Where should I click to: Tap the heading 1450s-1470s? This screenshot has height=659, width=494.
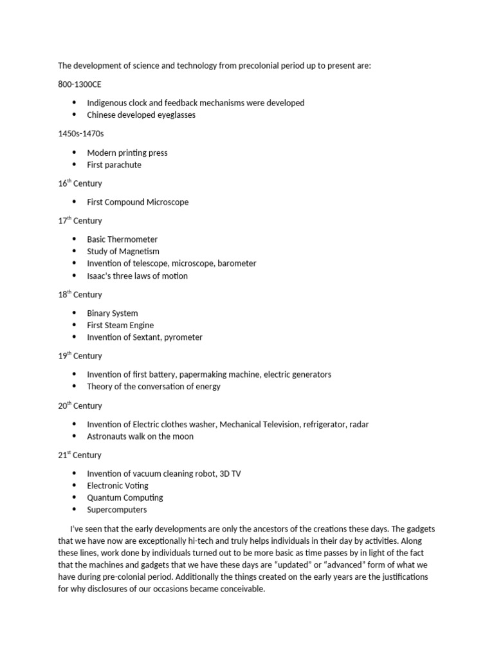(x=80, y=134)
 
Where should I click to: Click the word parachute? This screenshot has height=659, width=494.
(x=123, y=165)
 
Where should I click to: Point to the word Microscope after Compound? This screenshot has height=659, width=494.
(x=167, y=202)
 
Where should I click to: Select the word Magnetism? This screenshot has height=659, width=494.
(x=136, y=252)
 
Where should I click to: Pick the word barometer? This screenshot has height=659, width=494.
(x=237, y=263)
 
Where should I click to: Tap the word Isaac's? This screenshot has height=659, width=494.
(x=102, y=276)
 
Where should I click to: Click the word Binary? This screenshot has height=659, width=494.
(x=98, y=313)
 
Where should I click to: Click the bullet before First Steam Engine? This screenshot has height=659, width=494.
(x=74, y=326)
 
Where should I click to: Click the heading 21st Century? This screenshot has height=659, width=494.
(x=80, y=455)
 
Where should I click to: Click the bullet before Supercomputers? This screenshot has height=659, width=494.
(x=74, y=510)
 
